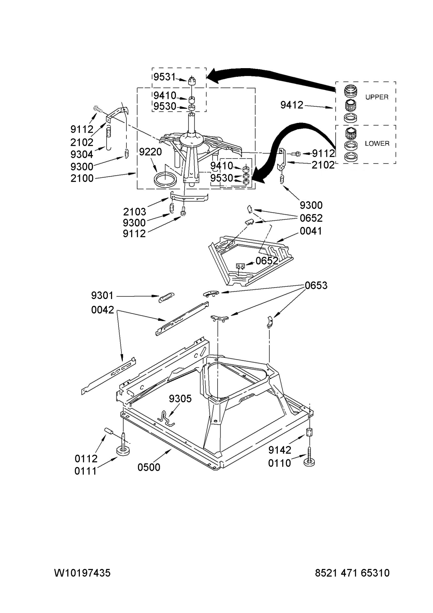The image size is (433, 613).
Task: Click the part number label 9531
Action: point(164,77)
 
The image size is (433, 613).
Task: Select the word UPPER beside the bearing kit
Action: point(377,97)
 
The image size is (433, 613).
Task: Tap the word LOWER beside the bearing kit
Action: point(377,143)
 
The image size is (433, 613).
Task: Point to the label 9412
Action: point(292,105)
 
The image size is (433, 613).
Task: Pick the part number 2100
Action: point(82,178)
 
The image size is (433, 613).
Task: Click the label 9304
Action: point(82,154)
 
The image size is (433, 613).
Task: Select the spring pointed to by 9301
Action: point(167,297)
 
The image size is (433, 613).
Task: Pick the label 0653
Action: point(316,286)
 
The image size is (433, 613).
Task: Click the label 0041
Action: point(311,231)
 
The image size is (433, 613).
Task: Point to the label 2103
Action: point(135,212)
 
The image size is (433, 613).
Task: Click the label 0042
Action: point(102,310)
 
